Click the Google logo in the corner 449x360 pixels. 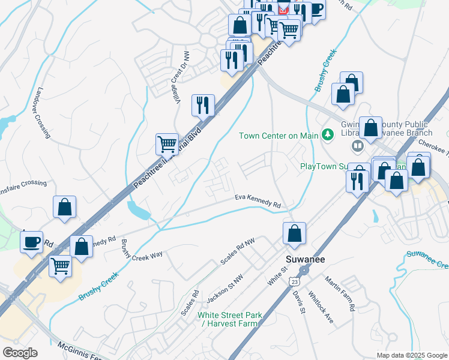click(20, 353)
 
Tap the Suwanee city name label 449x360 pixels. click(300, 258)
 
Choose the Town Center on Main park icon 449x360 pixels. click(328, 135)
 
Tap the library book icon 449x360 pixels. click(358, 146)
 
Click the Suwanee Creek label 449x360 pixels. click(427, 259)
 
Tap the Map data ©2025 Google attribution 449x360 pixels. click(411, 355)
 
